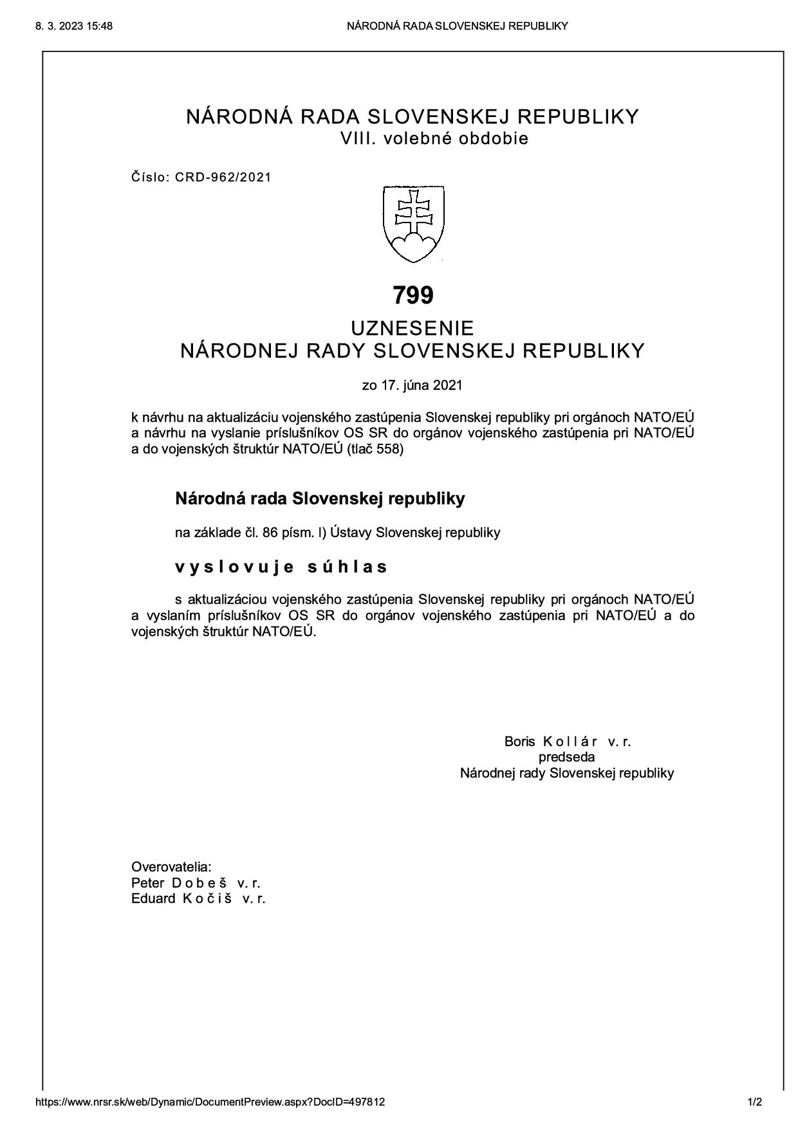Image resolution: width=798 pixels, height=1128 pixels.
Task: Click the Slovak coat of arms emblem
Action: [414, 224]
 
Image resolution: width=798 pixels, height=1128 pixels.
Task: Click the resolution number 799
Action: [413, 295]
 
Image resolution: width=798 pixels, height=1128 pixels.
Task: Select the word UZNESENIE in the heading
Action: [413, 328]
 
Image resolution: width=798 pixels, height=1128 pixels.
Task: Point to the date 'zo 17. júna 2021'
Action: [413, 386]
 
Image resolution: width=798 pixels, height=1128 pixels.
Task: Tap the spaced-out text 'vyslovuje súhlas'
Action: [281, 567]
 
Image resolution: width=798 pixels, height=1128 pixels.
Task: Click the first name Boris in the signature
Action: [519, 741]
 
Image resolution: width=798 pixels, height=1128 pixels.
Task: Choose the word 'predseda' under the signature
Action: [566, 757]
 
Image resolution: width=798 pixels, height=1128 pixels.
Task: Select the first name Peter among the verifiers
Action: [147, 883]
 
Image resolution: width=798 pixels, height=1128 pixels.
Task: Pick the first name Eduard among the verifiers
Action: [153, 898]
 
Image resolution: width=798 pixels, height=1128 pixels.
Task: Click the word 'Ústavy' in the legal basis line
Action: [351, 533]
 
